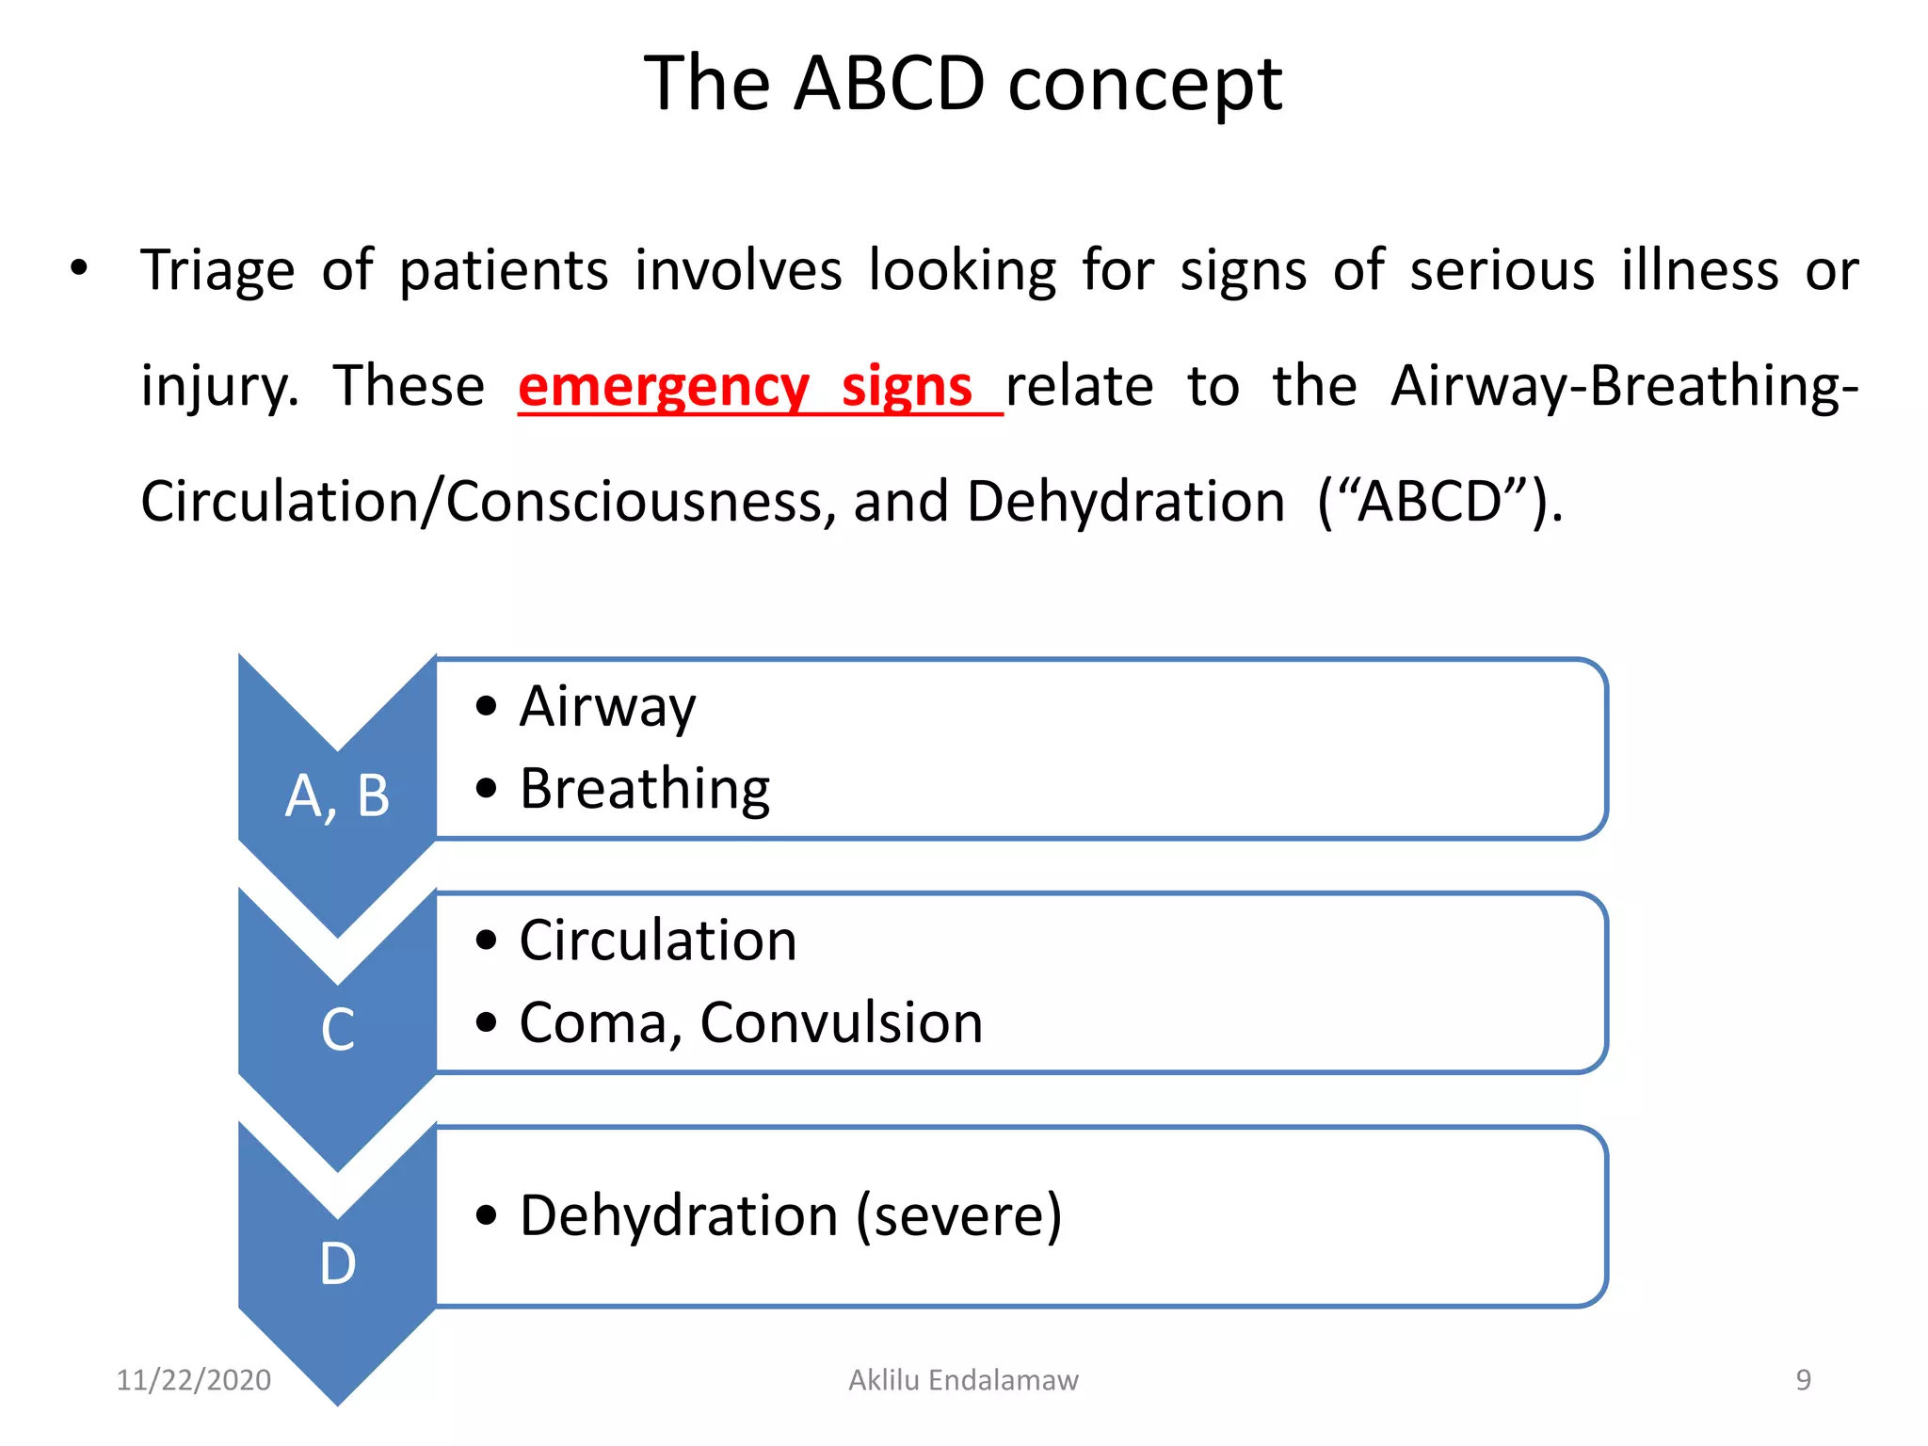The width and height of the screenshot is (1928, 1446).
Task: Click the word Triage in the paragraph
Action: point(217,271)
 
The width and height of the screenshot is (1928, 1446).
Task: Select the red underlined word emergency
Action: point(663,387)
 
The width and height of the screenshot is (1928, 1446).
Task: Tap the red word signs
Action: point(906,387)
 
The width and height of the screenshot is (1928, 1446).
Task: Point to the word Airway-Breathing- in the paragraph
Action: point(1625,387)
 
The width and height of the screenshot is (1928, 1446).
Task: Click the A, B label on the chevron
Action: point(337,796)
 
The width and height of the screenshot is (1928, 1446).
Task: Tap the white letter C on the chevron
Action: point(337,1029)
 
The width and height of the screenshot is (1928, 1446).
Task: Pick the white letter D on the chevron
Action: point(337,1263)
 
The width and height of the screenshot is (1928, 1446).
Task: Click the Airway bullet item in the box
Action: point(607,707)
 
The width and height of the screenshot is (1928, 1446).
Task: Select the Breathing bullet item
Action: point(644,789)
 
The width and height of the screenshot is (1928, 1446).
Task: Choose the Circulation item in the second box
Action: point(657,940)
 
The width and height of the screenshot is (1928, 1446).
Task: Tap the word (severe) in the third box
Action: point(958,1216)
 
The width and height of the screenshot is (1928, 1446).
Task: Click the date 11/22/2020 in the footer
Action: point(193,1380)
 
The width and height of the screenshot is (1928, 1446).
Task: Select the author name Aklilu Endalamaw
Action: point(963,1380)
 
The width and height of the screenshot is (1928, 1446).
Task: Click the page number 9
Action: point(1803,1380)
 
